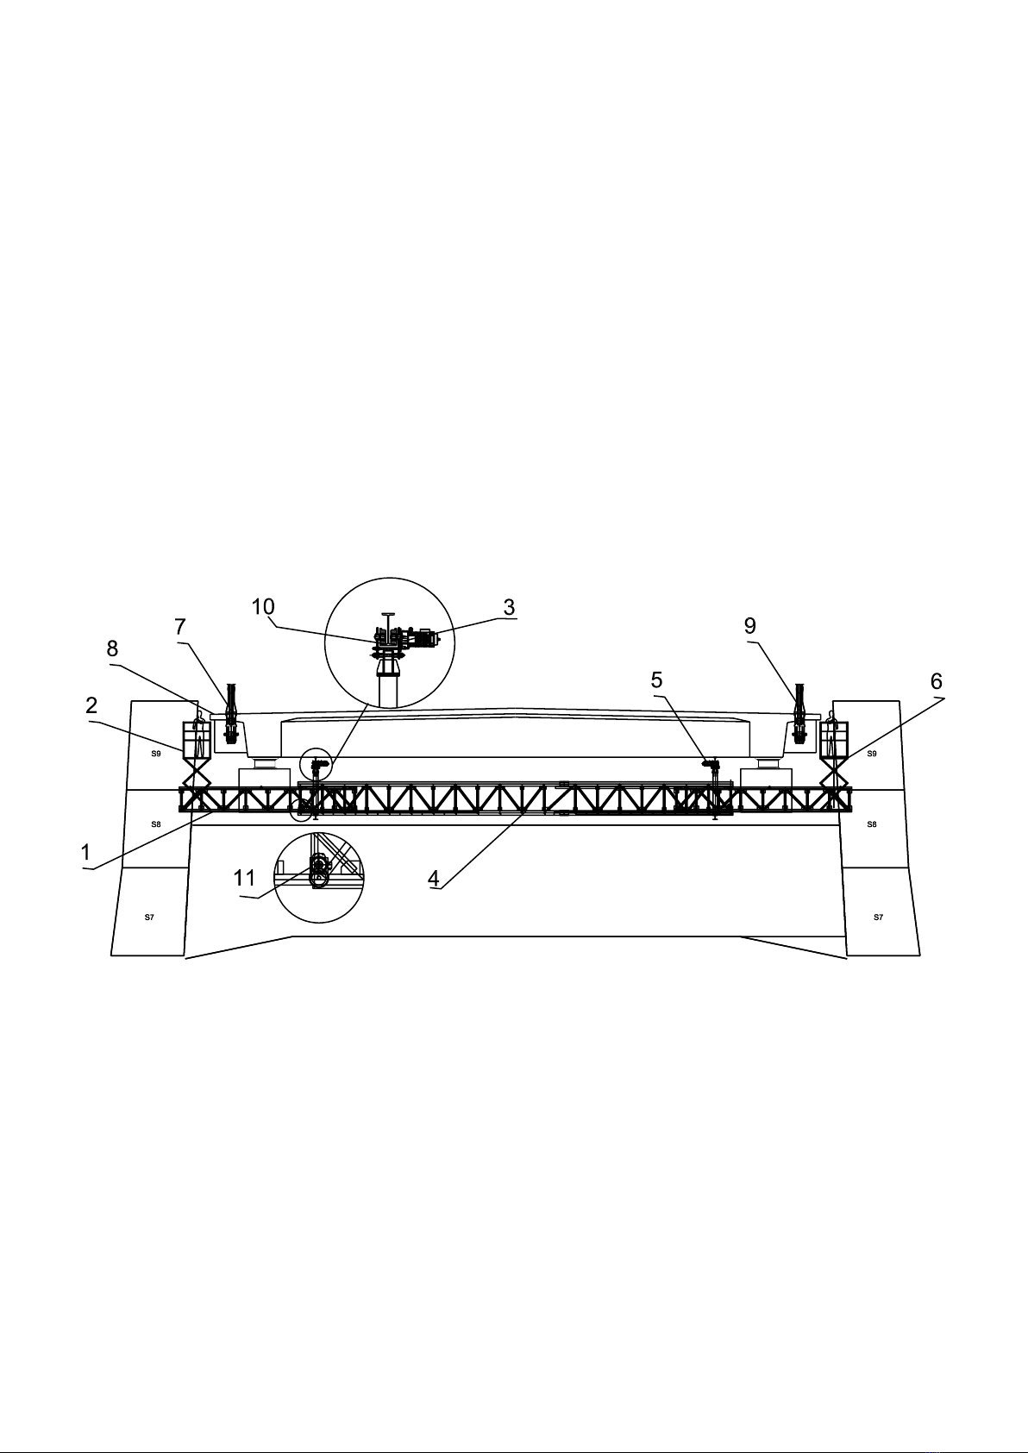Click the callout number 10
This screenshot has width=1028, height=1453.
263,607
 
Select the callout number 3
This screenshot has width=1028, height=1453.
509,607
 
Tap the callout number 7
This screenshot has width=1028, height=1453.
180,627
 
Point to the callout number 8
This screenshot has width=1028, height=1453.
112,648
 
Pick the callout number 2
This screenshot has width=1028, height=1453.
91,705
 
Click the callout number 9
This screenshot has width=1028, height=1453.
749,626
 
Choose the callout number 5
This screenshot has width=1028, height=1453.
656,680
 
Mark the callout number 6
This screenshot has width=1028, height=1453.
936,682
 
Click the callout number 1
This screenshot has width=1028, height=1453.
85,852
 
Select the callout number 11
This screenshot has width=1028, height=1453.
244,879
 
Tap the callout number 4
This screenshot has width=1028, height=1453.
434,879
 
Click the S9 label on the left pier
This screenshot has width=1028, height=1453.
155,754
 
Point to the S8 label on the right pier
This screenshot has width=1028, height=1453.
872,824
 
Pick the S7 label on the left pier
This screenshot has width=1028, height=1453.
149,918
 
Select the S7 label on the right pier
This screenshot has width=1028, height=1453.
878,918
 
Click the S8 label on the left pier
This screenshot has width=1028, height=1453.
155,824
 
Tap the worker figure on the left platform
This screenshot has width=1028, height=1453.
199,734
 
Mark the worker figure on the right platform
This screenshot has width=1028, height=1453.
831,734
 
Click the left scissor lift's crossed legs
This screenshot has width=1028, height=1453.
197,773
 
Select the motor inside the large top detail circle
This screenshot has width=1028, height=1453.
426,638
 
